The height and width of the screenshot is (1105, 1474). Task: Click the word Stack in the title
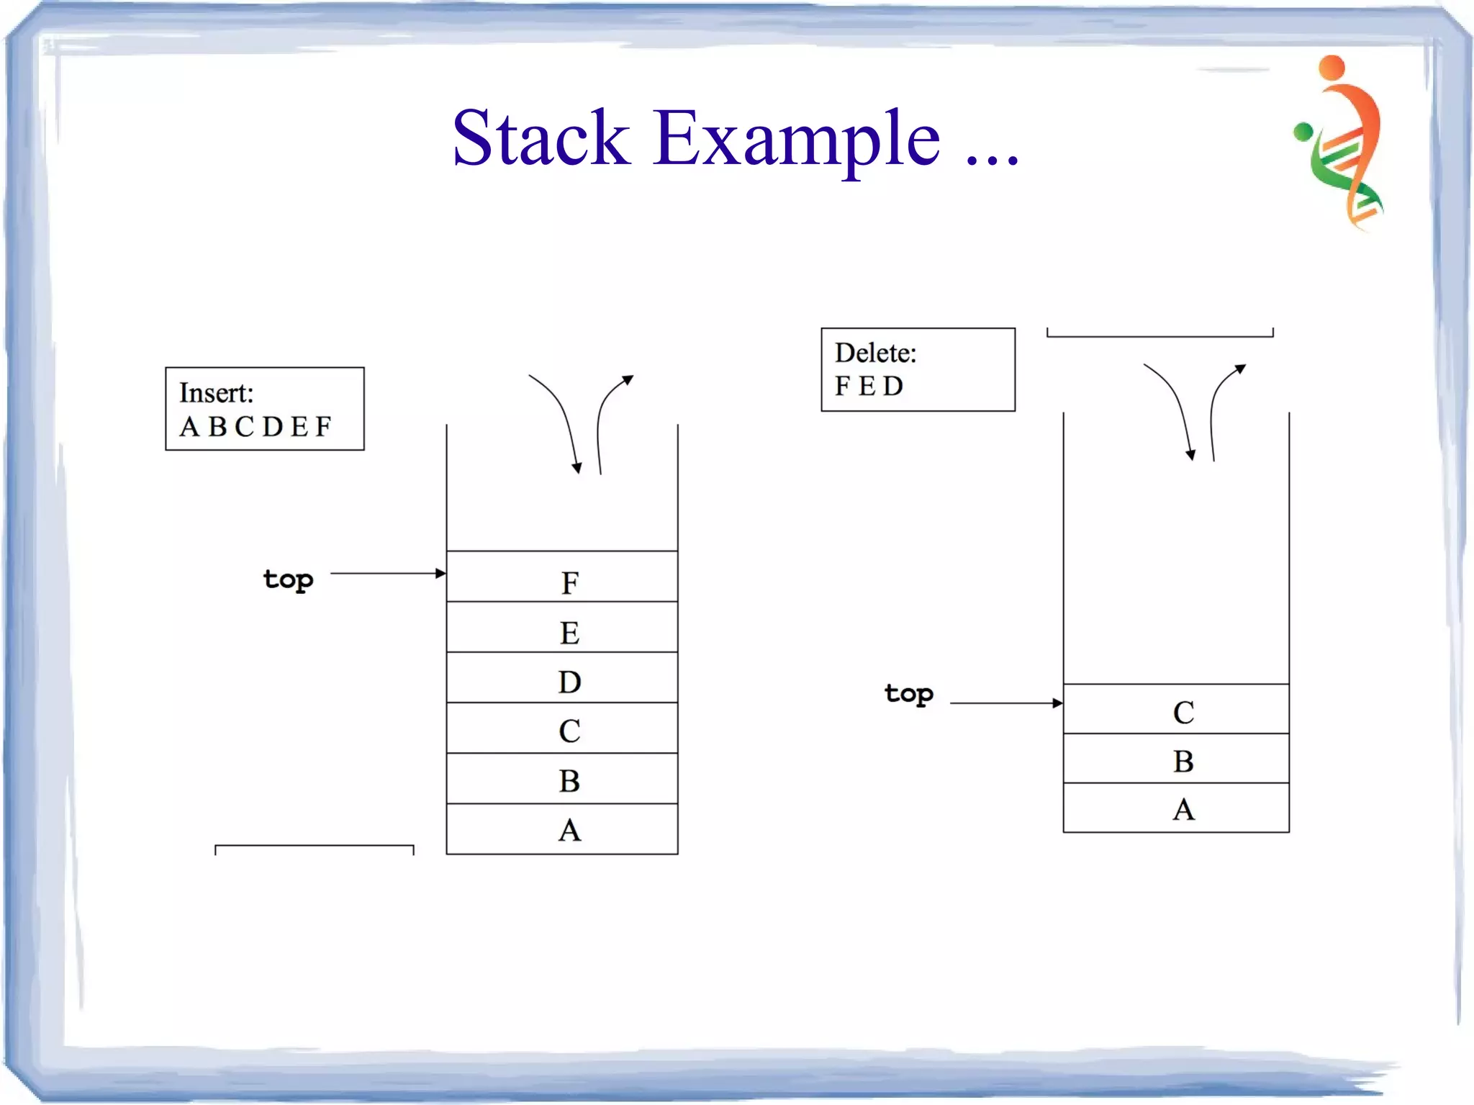[x=541, y=138]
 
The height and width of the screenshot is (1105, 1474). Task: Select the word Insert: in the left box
[x=216, y=393]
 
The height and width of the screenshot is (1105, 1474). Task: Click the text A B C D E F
[x=256, y=426]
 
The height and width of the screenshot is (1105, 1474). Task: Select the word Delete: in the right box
[x=875, y=353]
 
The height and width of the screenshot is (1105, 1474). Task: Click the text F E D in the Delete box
[x=869, y=387]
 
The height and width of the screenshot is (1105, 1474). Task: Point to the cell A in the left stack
[x=562, y=829]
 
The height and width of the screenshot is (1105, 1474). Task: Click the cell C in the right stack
[x=1176, y=710]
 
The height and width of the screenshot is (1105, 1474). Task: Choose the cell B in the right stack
[x=1176, y=759]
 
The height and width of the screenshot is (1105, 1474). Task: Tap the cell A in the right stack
[x=1176, y=808]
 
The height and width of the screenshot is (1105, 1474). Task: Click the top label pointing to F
[x=288, y=579]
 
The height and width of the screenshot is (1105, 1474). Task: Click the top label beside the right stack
[x=909, y=694]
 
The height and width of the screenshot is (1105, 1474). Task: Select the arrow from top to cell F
[x=389, y=574]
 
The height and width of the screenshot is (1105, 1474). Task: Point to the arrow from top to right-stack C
[x=1006, y=703]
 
